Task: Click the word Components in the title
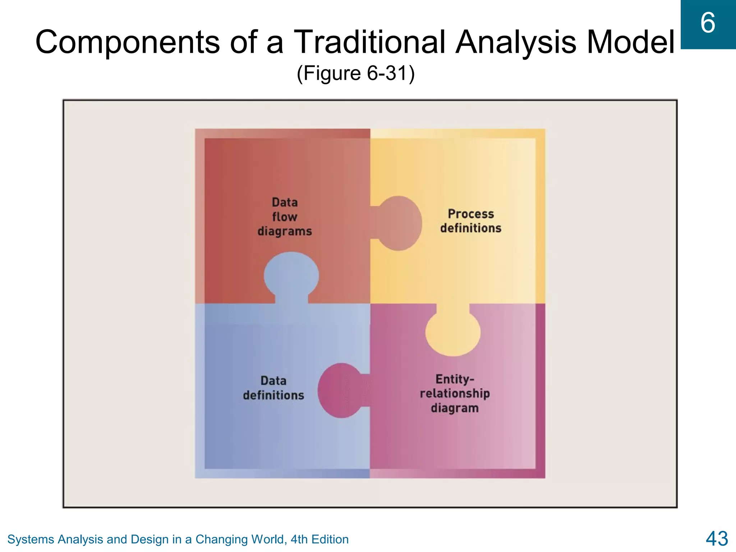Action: coord(127,42)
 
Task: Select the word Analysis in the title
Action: coord(516,42)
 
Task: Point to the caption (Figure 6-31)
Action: coord(355,73)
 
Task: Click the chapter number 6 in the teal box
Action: coord(708,23)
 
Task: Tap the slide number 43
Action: coord(717,539)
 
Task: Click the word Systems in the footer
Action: coord(31,539)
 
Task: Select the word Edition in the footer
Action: coord(330,539)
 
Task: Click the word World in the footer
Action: coord(268,539)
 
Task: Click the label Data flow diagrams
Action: coord(285,217)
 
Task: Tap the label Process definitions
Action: coord(471,221)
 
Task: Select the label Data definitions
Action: coord(273,388)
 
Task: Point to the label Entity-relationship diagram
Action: coord(455,394)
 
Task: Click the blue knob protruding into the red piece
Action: coord(291,275)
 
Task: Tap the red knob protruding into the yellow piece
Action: coord(399,223)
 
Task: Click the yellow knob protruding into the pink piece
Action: coord(453,332)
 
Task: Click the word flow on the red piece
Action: coord(285,217)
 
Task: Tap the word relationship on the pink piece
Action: coord(455,394)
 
